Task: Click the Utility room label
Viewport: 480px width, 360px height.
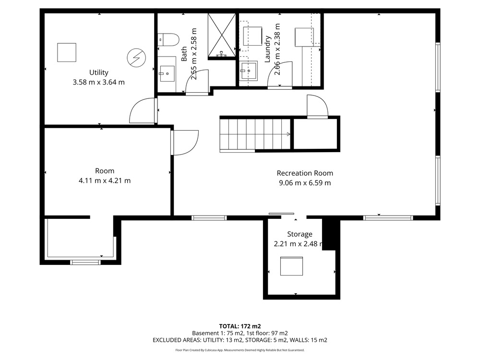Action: pos(98,72)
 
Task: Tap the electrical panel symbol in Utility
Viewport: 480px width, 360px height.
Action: pos(136,58)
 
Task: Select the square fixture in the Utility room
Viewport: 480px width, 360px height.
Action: pos(67,52)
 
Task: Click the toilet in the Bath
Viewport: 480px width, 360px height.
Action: pos(168,40)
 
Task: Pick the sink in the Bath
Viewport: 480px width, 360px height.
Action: pos(167,73)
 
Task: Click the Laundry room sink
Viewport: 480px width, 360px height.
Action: pos(248,71)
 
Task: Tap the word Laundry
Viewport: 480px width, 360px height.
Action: pos(267,49)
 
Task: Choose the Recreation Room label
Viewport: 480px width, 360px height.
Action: pos(305,173)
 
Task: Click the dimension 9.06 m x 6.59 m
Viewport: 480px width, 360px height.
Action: pos(305,183)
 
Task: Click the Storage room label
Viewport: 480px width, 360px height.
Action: pos(300,234)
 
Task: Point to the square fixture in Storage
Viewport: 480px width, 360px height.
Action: pos(292,266)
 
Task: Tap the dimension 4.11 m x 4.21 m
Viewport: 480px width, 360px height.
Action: pos(105,180)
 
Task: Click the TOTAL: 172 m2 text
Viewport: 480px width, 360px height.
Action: pos(240,326)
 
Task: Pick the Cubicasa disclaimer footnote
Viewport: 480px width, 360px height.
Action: pos(240,350)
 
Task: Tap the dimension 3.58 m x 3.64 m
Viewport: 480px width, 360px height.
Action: pos(98,83)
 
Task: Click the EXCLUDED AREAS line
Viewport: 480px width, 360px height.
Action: pos(240,340)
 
